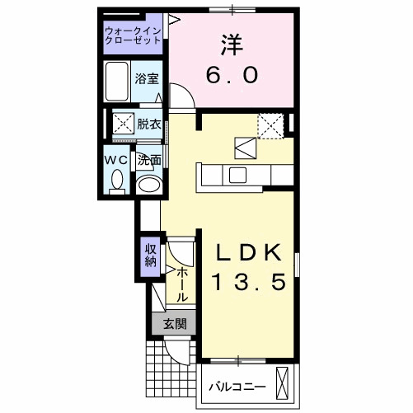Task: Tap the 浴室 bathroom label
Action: click(148, 78)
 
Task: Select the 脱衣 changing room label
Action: click(149, 124)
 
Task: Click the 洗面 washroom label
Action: click(149, 159)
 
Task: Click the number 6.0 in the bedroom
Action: click(233, 74)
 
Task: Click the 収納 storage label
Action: click(151, 255)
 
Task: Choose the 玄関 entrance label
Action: click(173, 324)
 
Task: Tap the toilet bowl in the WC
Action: click(117, 180)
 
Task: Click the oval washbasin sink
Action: click(149, 184)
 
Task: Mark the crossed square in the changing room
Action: click(124, 125)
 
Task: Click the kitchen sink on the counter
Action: click(237, 175)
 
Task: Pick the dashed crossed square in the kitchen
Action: click(270, 124)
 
